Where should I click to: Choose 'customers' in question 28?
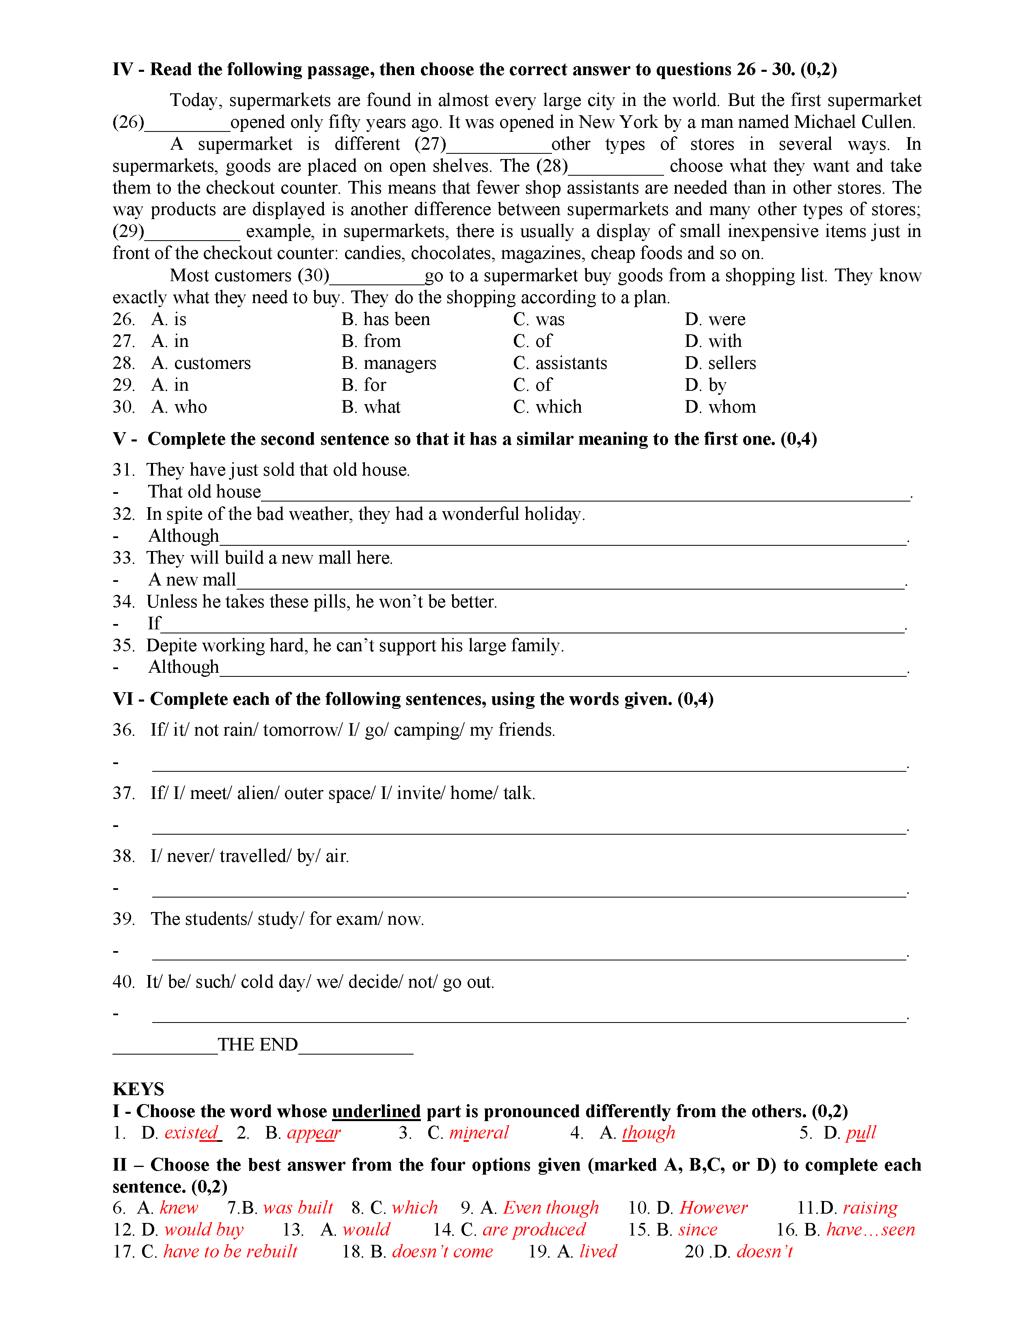coord(212,363)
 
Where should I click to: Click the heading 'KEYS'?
coord(138,1089)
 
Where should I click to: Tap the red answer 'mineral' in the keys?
coord(479,1133)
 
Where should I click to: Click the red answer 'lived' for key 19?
coord(598,1252)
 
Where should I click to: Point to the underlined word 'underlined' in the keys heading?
coord(376,1111)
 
